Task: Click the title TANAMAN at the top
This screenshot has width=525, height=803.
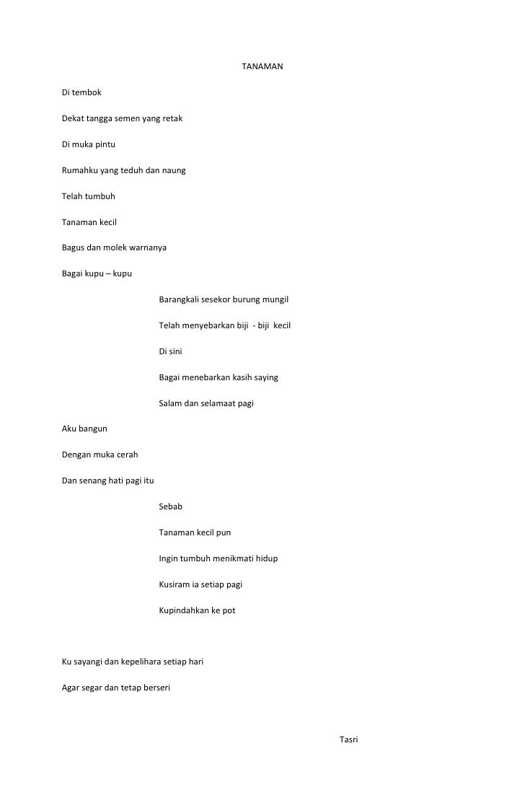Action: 262,67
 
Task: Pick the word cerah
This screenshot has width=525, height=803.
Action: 125,455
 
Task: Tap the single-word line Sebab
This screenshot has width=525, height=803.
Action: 171,507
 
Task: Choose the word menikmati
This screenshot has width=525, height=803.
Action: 232,559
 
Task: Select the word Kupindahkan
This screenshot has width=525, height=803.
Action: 184,611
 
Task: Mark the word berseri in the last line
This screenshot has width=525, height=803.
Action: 154,688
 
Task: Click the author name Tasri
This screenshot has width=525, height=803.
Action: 348,740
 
